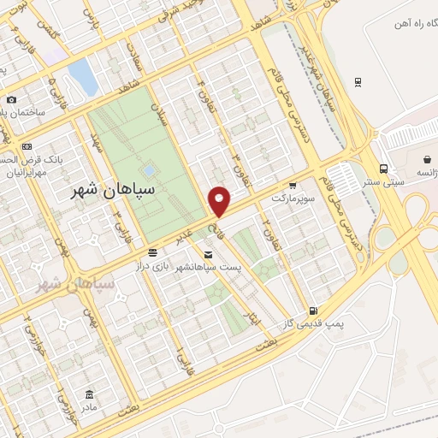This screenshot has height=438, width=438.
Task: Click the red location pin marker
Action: pyautogui.click(x=220, y=201)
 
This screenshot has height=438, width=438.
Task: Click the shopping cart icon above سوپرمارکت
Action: pyautogui.click(x=293, y=185)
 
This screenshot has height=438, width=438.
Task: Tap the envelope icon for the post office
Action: pyautogui.click(x=209, y=254)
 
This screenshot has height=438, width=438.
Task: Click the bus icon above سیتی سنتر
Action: pyautogui.click(x=384, y=169)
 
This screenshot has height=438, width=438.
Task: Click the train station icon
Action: pyautogui.click(x=358, y=82)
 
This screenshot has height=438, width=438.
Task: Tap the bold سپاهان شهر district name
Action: pyautogui.click(x=115, y=191)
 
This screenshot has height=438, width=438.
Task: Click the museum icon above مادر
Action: pyautogui.click(x=90, y=394)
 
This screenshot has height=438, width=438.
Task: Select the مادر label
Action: pyautogui.click(x=90, y=408)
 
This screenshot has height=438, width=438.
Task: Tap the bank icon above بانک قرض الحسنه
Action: pyautogui.click(x=27, y=148)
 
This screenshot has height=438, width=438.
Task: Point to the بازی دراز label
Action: pyautogui.click(x=151, y=268)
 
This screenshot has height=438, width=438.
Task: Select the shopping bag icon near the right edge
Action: pyautogui.click(x=428, y=159)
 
